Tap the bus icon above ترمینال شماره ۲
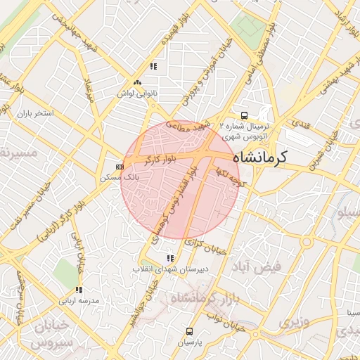click(244, 115)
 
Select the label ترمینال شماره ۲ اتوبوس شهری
click(244, 130)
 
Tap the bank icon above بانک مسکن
click(120, 167)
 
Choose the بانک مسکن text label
click(119, 179)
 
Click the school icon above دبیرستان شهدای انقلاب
click(169, 257)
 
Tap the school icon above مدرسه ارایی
click(79, 289)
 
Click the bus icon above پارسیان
click(189, 330)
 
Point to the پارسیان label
click(189, 342)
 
